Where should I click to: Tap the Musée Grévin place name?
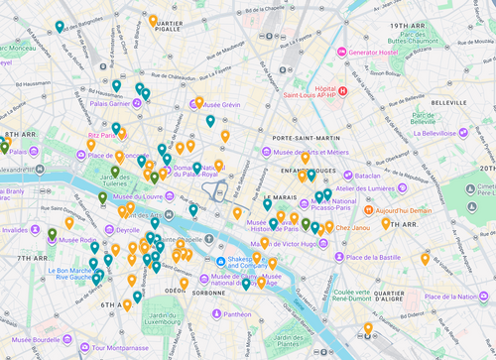[245, 105]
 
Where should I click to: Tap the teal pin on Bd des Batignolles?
[60, 28]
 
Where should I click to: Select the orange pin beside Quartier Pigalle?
[153, 21]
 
